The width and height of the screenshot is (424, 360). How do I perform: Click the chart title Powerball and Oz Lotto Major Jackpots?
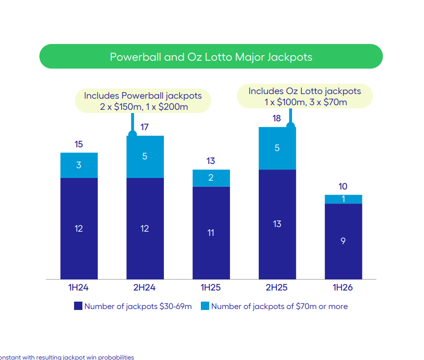click(211, 57)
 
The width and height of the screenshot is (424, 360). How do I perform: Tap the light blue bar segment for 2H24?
click(145, 157)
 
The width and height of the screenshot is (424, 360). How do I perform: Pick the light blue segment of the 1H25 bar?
click(211, 178)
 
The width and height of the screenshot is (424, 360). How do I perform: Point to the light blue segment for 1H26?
click(343, 199)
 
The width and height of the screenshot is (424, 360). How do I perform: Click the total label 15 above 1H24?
click(79, 145)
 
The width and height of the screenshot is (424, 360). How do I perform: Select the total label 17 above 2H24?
click(145, 127)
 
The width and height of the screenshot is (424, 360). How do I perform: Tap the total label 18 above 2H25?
click(277, 119)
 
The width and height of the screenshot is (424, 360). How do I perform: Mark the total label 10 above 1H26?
click(343, 187)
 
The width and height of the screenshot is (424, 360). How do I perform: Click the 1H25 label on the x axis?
click(211, 288)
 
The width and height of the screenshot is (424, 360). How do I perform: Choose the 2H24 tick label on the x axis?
click(144, 288)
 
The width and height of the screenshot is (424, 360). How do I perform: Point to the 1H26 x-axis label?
click(343, 288)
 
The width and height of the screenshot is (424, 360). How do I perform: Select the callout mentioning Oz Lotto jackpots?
click(305, 96)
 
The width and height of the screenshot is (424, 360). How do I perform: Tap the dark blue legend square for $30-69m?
click(78, 306)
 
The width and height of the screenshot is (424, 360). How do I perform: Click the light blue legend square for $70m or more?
click(205, 306)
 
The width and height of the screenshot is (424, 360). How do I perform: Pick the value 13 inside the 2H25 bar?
click(277, 224)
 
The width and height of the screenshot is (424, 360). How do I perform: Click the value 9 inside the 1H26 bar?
click(343, 241)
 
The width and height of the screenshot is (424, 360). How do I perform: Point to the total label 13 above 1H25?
click(211, 161)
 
